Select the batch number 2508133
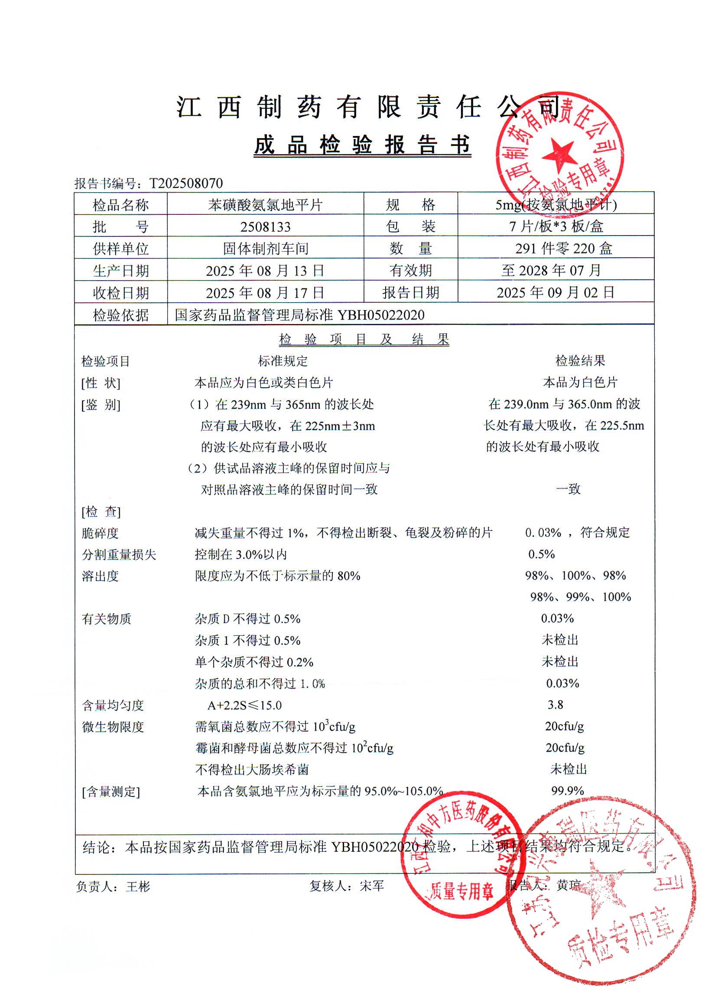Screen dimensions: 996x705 click(265, 227)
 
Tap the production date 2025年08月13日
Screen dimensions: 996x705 click(265, 271)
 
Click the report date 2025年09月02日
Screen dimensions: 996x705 click(555, 292)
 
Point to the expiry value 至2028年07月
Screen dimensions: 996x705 click(551, 270)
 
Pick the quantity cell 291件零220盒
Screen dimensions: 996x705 click(563, 249)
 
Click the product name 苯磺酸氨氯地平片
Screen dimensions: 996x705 click(265, 205)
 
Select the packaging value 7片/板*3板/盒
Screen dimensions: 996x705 click(556, 226)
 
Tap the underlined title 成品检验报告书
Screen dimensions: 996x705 click(363, 145)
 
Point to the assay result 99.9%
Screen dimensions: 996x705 click(567, 790)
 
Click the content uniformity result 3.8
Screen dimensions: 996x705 click(555, 705)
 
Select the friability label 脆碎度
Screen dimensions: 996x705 click(100, 533)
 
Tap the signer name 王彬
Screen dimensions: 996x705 click(138, 886)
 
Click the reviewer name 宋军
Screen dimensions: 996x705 click(372, 886)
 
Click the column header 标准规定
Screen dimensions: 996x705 click(283, 361)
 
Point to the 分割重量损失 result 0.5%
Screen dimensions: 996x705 click(541, 554)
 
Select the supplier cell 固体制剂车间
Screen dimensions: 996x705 click(265, 249)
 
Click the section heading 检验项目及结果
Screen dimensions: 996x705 click(364, 339)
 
